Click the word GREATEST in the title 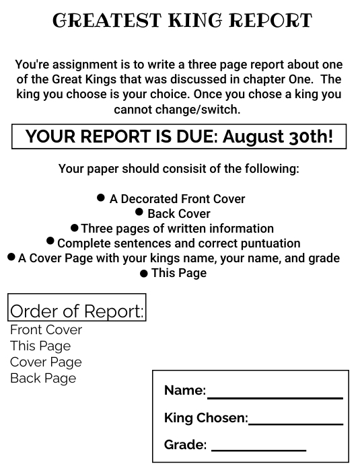pos(95,21)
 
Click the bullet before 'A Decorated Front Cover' pos(101,198)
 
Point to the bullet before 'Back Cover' pos(139,212)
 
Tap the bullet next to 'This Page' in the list pos(143,274)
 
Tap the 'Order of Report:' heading pos(77,311)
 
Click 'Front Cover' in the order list pos(46,330)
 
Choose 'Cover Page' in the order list pos(46,362)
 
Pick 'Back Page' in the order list pos(43,379)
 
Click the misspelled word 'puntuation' pos(268,243)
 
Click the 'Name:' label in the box pos(184,391)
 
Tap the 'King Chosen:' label pos(206,418)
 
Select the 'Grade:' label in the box pos(185,444)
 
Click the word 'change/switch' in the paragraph pos(203,109)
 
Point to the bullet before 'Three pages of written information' pos(75,228)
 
